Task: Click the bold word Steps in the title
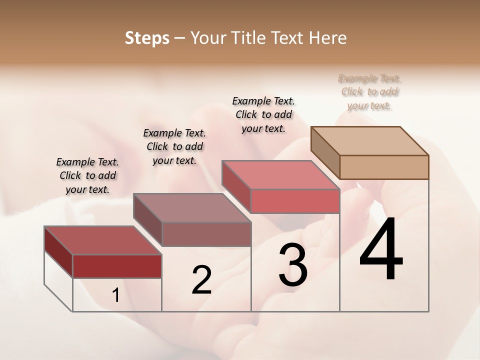pyautogui.click(x=147, y=38)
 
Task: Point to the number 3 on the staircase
pyautogui.click(x=293, y=265)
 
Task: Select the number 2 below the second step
pyautogui.click(x=201, y=280)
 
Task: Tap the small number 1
pyautogui.click(x=116, y=295)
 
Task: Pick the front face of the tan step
pyautogui.click(x=384, y=167)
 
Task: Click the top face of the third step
pyautogui.click(x=280, y=175)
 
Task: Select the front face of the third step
pyautogui.click(x=295, y=201)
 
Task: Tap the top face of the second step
pyautogui.click(x=192, y=208)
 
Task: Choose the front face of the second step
pyautogui.click(x=206, y=234)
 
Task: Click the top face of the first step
pyautogui.click(x=103, y=240)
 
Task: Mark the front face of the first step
pyautogui.click(x=117, y=266)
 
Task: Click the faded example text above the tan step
pyautogui.click(x=369, y=92)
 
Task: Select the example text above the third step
pyautogui.click(x=263, y=114)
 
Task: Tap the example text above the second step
pyautogui.click(x=174, y=146)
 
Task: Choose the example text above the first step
pyautogui.click(x=87, y=175)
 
